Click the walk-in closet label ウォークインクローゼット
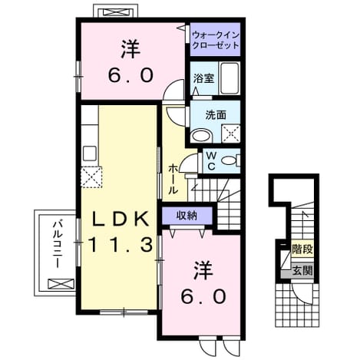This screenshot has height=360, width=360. point(216,40)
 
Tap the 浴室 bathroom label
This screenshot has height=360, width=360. point(203,78)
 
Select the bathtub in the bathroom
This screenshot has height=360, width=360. point(230,78)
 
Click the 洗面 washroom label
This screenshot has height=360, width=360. point(216,115)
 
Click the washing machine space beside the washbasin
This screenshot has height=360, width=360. point(231,134)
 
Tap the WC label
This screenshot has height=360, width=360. point(211,160)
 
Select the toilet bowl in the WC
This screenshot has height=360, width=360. point(230,160)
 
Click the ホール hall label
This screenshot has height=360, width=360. point(173,179)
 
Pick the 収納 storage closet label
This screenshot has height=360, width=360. point(187,216)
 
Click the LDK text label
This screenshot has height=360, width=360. point(121,218)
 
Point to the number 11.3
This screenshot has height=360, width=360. point(121,244)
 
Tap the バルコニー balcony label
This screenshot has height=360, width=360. point(58,244)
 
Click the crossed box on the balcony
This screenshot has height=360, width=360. point(61,283)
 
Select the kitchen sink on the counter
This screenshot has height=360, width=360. point(90,153)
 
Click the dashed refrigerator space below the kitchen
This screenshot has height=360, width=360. point(91,177)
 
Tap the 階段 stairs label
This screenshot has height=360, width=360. point(302,249)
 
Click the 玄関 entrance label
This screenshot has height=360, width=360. point(302,270)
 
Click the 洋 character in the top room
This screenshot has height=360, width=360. point(130,48)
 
